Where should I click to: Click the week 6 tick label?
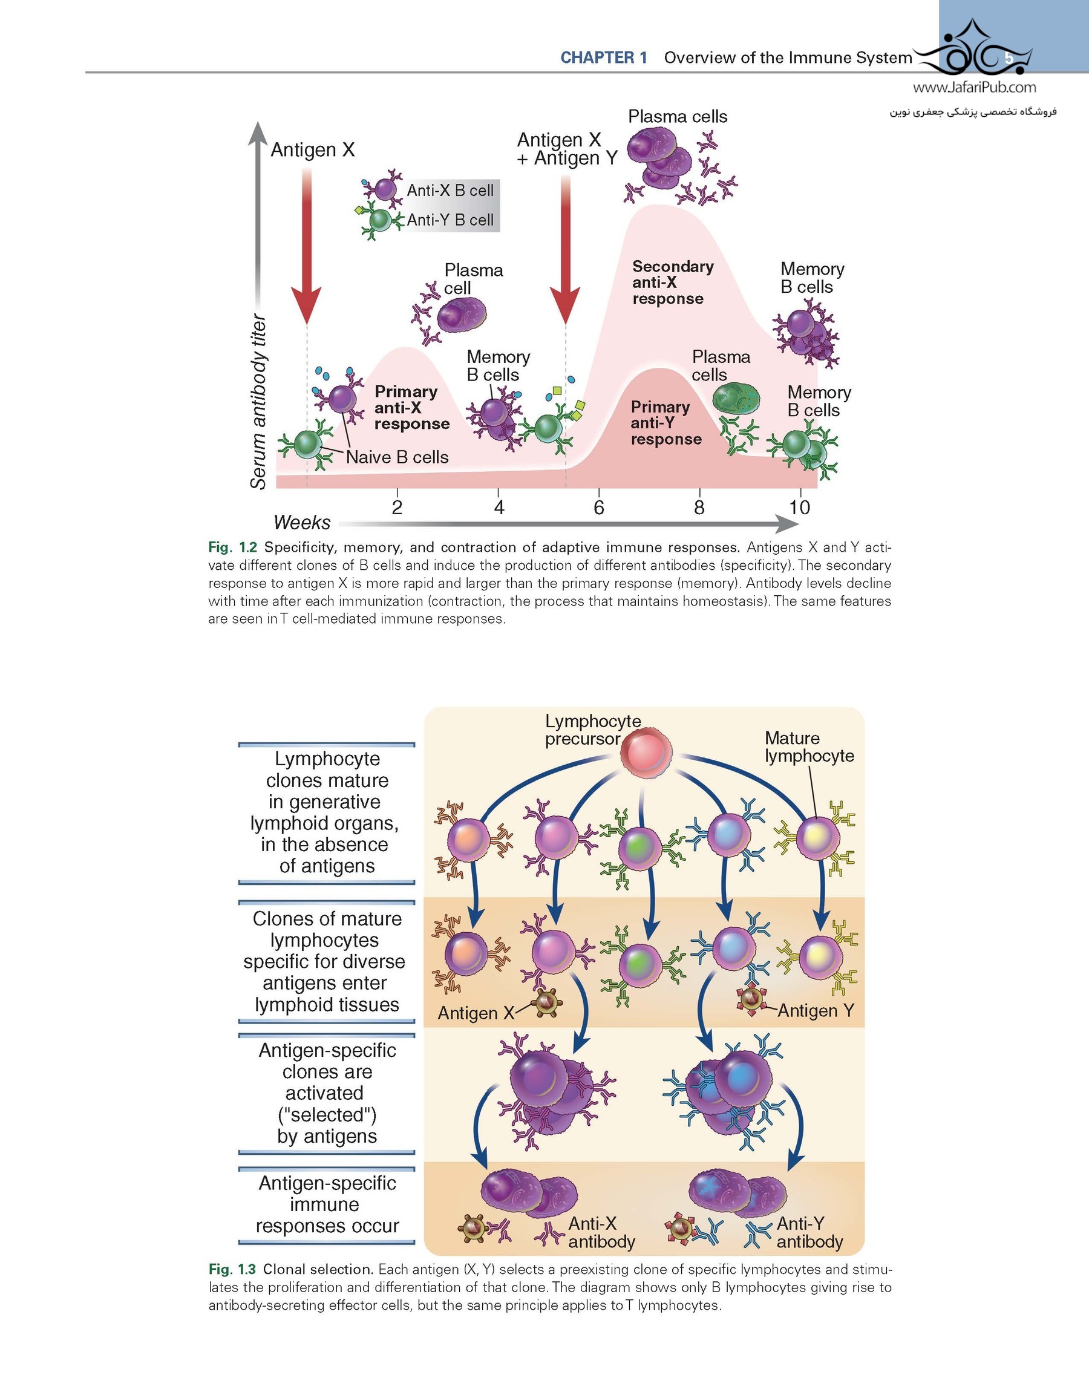tap(598, 508)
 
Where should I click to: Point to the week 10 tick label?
tap(799, 508)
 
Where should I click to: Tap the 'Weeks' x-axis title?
tap(301, 522)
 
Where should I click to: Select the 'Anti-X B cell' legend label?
tap(450, 190)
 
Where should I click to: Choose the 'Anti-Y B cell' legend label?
tap(450, 220)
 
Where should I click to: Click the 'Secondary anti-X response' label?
tap(672, 283)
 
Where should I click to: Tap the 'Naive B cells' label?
tap(397, 457)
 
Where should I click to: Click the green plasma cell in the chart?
tap(736, 399)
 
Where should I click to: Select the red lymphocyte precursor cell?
tap(646, 752)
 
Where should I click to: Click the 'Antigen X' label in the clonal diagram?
tap(476, 1013)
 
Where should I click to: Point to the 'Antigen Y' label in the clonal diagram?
tap(816, 1010)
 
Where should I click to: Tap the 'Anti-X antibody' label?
tap(601, 1232)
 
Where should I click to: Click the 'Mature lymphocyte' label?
tap(809, 746)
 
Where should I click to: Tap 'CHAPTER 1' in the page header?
tap(604, 57)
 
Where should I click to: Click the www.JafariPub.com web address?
tap(974, 88)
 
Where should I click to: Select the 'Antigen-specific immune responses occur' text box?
tap(327, 1204)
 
